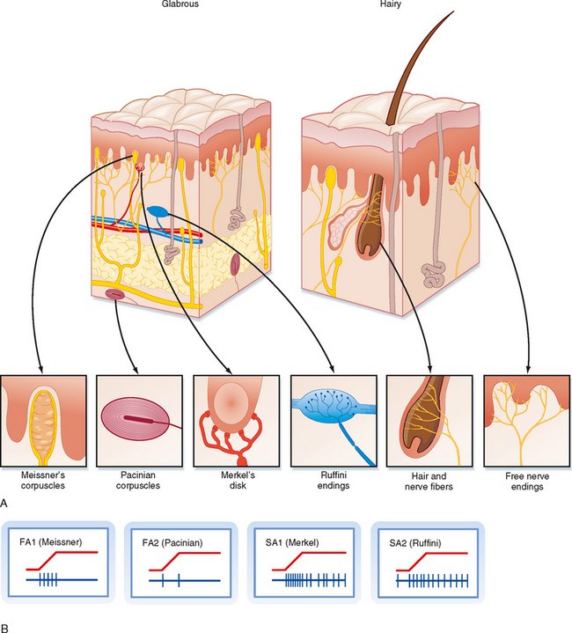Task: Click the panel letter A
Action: [6, 503]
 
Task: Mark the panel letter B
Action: [6, 627]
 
